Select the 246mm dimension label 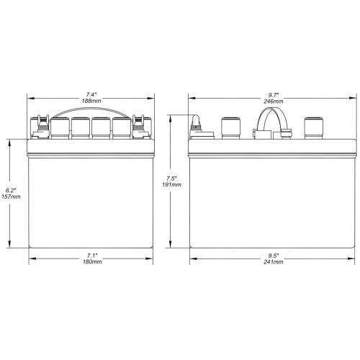pyautogui.click(x=274, y=102)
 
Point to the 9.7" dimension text pyautogui.click(x=273, y=95)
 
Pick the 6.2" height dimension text pyautogui.click(x=11, y=191)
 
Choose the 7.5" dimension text pyautogui.click(x=172, y=179)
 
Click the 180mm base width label pyautogui.click(x=92, y=261)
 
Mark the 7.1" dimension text pyautogui.click(x=92, y=256)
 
